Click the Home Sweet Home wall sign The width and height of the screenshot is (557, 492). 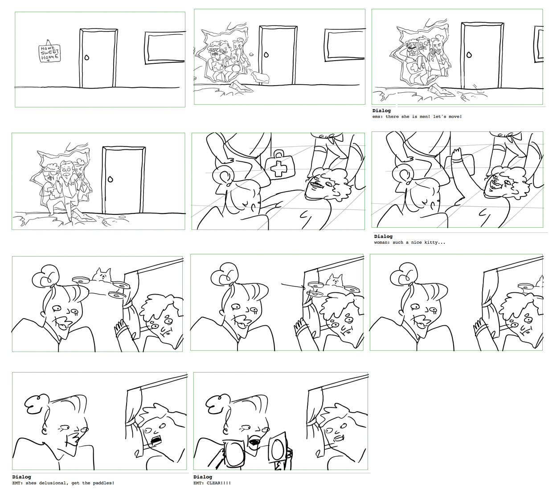tap(49, 53)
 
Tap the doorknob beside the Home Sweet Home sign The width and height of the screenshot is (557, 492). tap(87, 57)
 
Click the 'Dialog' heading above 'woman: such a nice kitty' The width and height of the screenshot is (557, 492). tap(383, 236)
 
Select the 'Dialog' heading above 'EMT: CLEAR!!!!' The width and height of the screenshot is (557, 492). tap(203, 477)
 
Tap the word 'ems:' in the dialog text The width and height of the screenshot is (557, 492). tap(378, 117)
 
